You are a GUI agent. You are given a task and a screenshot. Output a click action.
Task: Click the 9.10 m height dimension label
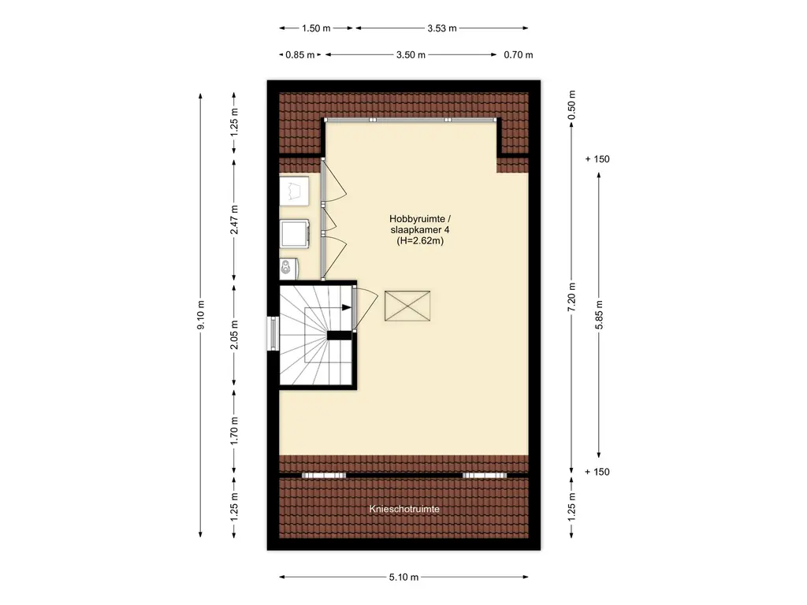(x=201, y=314)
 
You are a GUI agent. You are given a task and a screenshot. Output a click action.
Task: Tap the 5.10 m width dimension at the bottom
(x=403, y=577)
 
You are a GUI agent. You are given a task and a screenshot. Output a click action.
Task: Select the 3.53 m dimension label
(x=442, y=28)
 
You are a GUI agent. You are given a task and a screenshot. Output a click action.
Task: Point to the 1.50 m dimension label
(x=316, y=28)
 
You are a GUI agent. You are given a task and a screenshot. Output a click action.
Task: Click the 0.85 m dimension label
(x=300, y=55)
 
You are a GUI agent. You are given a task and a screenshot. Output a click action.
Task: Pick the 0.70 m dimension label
(x=519, y=55)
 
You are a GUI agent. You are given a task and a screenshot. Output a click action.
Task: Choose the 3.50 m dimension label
(x=411, y=55)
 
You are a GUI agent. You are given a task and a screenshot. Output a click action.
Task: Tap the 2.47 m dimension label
(x=234, y=220)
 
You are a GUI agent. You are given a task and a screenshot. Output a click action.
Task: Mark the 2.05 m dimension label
(x=234, y=334)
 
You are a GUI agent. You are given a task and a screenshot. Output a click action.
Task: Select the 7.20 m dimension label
(x=572, y=297)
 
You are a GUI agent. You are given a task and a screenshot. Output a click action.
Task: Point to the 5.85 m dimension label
(x=599, y=314)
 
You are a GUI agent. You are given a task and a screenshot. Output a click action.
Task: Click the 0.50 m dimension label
(x=572, y=105)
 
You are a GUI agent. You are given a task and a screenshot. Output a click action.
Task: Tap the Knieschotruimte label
(x=404, y=510)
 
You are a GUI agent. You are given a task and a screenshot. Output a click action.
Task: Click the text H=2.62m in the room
(x=420, y=241)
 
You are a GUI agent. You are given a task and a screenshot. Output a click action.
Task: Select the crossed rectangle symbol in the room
(x=407, y=306)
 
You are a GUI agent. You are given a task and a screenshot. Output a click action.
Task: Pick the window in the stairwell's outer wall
(x=273, y=334)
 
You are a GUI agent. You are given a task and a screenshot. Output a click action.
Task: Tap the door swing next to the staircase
(x=366, y=309)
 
